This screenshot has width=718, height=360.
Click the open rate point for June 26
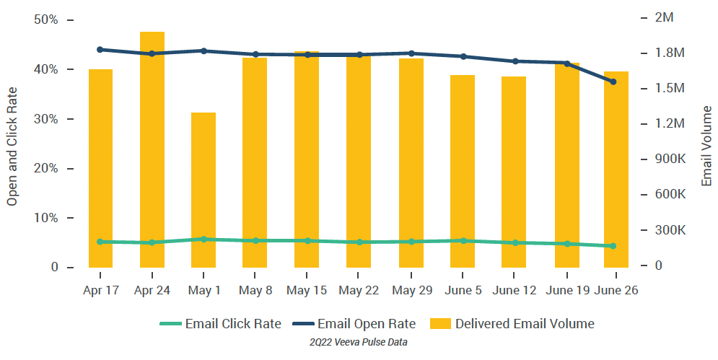click(x=613, y=82)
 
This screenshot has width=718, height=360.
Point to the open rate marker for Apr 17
click(x=100, y=50)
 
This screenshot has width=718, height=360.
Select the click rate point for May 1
click(x=203, y=239)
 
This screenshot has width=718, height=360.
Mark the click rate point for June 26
click(x=613, y=246)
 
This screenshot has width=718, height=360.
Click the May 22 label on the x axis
click(x=359, y=290)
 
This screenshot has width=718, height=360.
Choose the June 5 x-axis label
click(x=462, y=290)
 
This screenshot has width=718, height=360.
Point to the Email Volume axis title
click(x=706, y=144)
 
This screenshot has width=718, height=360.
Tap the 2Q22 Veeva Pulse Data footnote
click(x=359, y=343)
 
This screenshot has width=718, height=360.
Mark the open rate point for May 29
click(x=411, y=53)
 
